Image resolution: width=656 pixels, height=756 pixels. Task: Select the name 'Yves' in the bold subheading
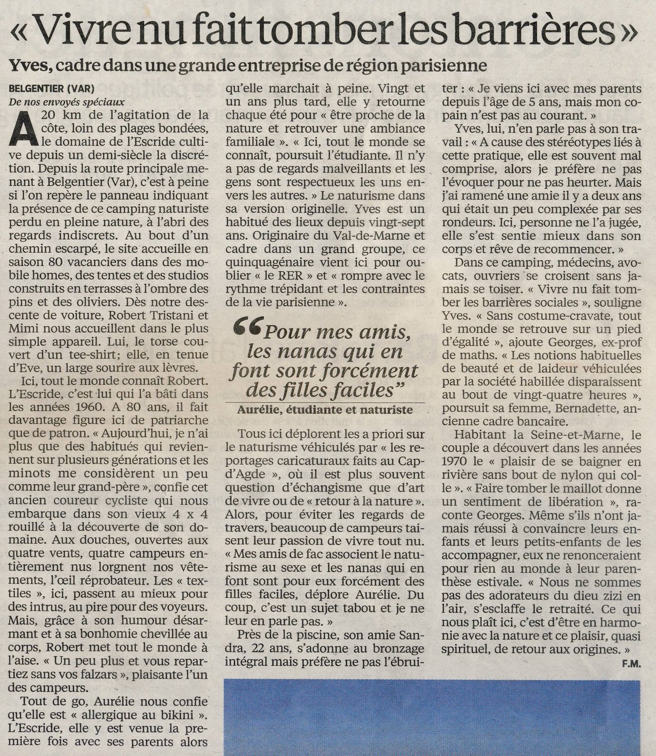point(29,65)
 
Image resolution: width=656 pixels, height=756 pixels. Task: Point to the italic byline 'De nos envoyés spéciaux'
point(67,102)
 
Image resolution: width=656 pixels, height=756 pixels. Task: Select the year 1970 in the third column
point(457,462)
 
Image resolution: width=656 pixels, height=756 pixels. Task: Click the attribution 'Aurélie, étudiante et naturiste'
point(325,410)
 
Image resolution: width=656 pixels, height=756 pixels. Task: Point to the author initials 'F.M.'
point(631,664)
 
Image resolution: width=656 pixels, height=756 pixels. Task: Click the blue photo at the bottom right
point(432,717)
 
